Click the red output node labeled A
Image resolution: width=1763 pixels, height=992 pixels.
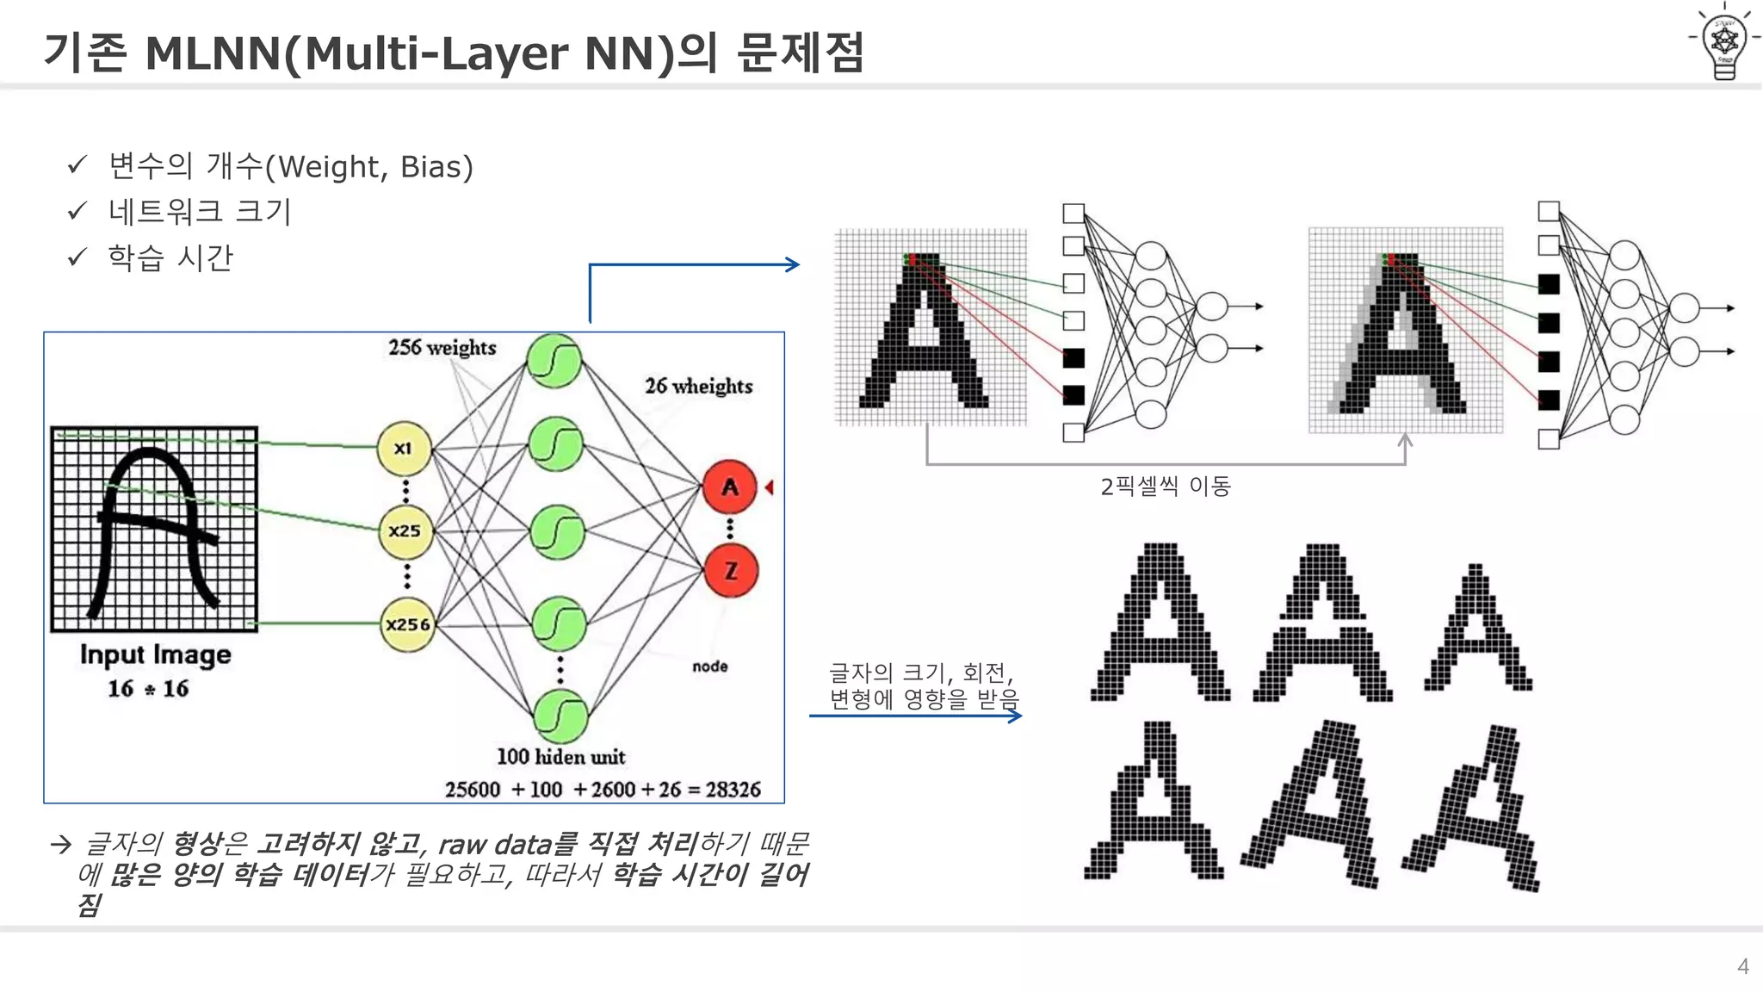click(730, 487)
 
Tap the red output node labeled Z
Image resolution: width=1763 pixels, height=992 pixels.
click(731, 571)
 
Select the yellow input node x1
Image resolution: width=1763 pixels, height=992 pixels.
click(404, 448)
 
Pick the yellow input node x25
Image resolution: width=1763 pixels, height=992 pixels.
click(405, 531)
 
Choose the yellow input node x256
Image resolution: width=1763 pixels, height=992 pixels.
click(407, 624)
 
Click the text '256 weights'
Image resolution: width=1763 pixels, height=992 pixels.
click(442, 348)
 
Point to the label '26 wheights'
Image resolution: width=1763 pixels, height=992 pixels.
click(698, 387)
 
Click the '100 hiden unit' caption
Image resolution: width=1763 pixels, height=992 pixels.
click(560, 757)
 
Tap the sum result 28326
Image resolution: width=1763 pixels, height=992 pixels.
click(733, 790)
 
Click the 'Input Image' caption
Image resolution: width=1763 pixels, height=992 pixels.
click(155, 655)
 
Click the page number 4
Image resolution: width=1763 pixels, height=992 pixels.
click(1742, 966)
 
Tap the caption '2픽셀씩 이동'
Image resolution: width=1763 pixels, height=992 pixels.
click(1165, 487)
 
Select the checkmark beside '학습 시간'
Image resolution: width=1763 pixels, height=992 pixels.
click(77, 257)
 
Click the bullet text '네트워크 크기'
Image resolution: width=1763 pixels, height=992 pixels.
click(200, 212)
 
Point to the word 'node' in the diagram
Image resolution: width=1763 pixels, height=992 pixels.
click(710, 666)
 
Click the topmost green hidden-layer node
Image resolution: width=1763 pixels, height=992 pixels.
click(554, 361)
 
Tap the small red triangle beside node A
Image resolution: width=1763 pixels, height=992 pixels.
click(769, 487)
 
